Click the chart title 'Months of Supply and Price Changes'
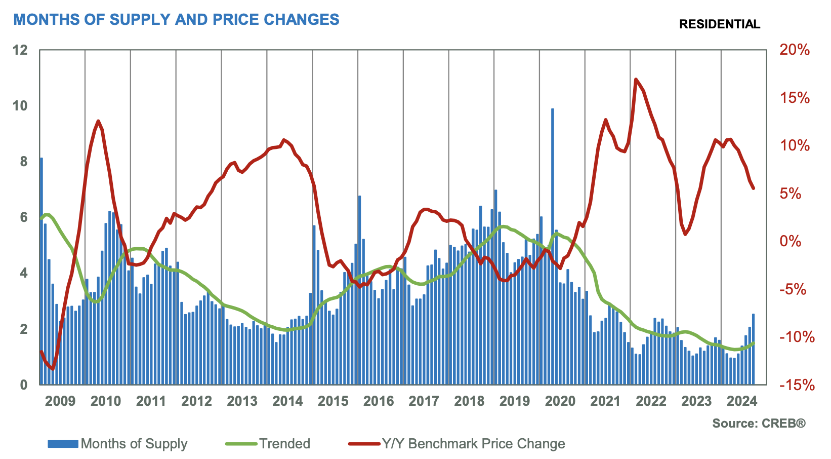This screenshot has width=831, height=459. pos(176,20)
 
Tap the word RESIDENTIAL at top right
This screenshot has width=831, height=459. pos(719,24)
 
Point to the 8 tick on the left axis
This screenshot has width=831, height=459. pos(23,162)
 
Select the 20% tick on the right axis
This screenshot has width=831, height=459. pos(795,50)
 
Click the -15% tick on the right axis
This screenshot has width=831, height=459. pos(797,385)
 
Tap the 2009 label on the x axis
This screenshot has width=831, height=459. pos(60,401)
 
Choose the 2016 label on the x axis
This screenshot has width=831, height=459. pos(378,401)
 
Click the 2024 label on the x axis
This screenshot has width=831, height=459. pos(741,401)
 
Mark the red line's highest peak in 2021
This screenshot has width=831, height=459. pos(636,80)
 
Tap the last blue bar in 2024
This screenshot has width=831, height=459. pos(753,350)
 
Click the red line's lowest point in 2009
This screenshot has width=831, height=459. pos(53,368)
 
